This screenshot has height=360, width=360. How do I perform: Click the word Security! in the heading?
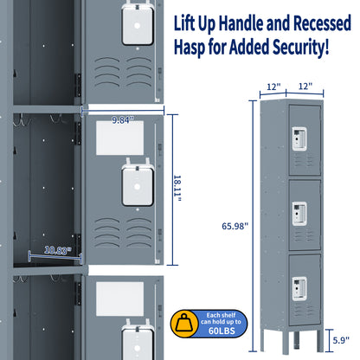click(297, 46)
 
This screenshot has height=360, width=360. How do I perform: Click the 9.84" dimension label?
click(122, 120)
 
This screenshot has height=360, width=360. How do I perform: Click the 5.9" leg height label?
click(341, 340)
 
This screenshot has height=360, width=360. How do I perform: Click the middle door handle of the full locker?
click(299, 210)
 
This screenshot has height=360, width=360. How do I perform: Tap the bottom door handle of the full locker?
click(299, 284)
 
